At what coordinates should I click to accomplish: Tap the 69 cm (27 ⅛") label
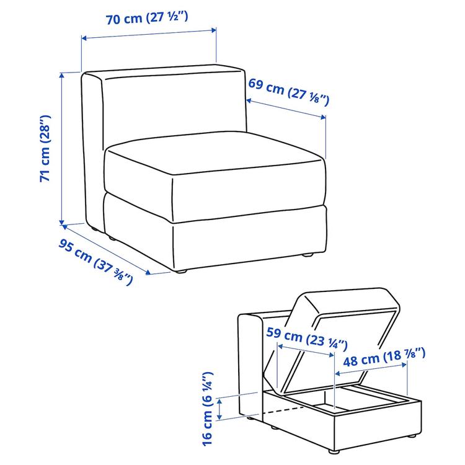[x=288, y=91]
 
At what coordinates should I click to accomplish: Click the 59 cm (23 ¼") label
[x=306, y=339]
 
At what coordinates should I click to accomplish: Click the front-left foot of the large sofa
[x=180, y=270]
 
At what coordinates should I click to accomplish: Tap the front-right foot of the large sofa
[x=307, y=254]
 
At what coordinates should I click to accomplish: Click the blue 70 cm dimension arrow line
[x=149, y=33]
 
